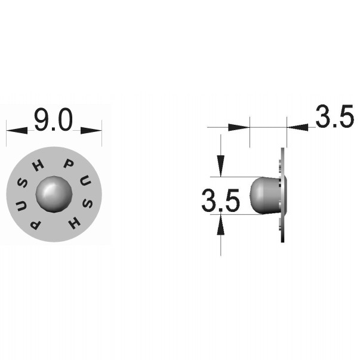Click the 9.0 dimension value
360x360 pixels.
(x=53, y=119)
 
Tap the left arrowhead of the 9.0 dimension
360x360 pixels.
(x=17, y=130)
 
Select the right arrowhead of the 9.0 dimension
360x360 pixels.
(x=91, y=130)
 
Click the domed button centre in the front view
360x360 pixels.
(x=54, y=194)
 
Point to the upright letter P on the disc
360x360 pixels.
(x=68, y=164)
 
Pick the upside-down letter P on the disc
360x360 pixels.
(x=36, y=224)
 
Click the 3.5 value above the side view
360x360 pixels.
(x=334, y=116)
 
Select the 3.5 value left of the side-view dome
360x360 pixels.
(x=221, y=200)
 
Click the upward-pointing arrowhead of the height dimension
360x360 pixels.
(x=221, y=224)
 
